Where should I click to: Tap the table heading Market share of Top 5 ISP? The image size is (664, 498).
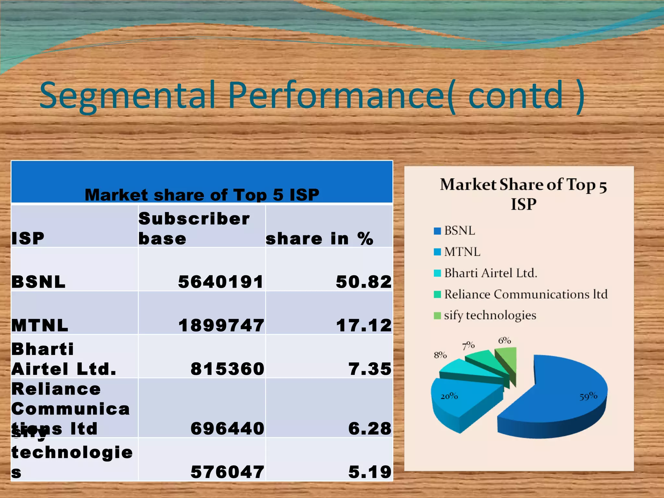pyautogui.click(x=202, y=195)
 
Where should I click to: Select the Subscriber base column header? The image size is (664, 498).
pyautogui.click(x=194, y=228)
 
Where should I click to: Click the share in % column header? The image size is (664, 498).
pyautogui.click(x=319, y=239)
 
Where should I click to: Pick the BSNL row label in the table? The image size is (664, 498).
pyautogui.click(x=38, y=281)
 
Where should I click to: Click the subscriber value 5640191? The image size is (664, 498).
pyautogui.click(x=221, y=281)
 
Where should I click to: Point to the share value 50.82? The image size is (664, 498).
pyautogui.click(x=363, y=281)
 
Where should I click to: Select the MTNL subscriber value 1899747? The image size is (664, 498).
pyautogui.click(x=221, y=325)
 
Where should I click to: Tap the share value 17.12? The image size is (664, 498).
pyautogui.click(x=363, y=325)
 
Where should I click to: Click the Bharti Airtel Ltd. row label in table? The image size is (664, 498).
pyautogui.click(x=64, y=359)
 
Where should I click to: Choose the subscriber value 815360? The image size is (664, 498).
pyautogui.click(x=227, y=369)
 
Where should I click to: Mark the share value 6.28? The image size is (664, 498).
pyautogui.click(x=370, y=428)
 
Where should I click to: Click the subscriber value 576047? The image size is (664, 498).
pyautogui.click(x=227, y=472)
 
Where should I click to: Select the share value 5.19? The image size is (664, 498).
pyautogui.click(x=370, y=472)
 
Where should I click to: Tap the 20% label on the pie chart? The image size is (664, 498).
pyautogui.click(x=449, y=396)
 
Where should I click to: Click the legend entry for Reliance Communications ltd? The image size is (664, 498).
pyautogui.click(x=525, y=294)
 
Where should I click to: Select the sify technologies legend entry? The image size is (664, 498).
pyautogui.click(x=490, y=315)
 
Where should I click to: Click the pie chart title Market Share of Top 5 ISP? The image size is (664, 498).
pyautogui.click(x=523, y=194)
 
